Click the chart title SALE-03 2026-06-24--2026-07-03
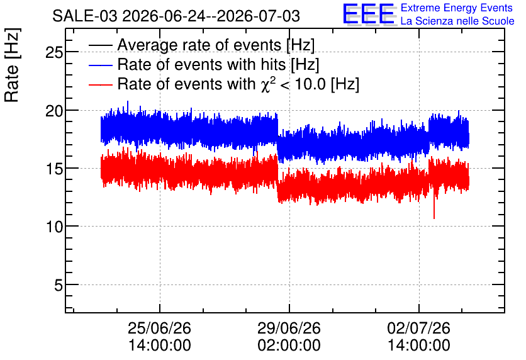(x=176, y=16)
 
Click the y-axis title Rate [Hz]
(x=12, y=65)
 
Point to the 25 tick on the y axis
(x=54, y=52)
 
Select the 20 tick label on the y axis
(x=54, y=110)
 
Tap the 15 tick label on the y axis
(x=54, y=169)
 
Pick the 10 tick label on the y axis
(x=54, y=227)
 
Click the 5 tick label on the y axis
(x=59, y=285)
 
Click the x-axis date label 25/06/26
(x=159, y=328)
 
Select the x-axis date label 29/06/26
(x=289, y=328)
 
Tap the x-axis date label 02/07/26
(x=418, y=328)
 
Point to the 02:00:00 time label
(x=289, y=345)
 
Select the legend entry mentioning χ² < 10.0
(x=238, y=84)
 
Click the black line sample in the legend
(x=100, y=45)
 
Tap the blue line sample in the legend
(x=100, y=65)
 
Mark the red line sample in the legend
(x=100, y=84)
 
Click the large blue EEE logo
(x=369, y=14)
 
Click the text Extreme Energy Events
(x=457, y=8)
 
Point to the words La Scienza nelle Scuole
(x=457, y=21)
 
